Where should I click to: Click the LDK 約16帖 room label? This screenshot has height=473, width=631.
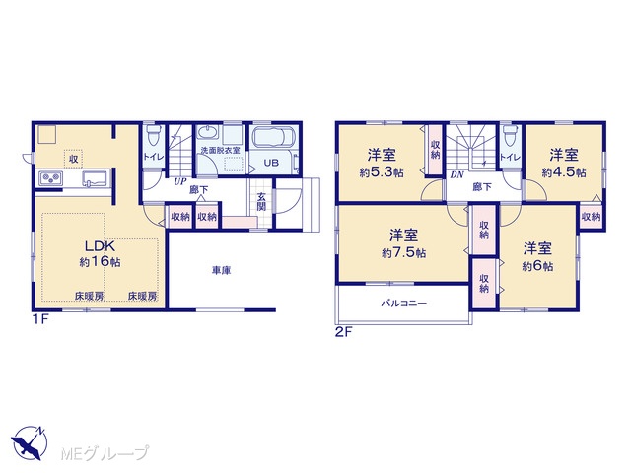click(x=100, y=253)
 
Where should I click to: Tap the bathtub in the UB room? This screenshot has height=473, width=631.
click(x=273, y=138)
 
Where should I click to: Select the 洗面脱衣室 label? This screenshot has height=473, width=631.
click(x=220, y=151)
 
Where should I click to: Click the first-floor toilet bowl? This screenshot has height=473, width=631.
click(x=153, y=136)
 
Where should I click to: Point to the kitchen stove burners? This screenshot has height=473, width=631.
click(x=50, y=178)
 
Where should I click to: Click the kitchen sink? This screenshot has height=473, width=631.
click(x=96, y=178)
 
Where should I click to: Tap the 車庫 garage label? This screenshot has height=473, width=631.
click(x=221, y=271)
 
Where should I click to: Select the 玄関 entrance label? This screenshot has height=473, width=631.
click(x=261, y=202)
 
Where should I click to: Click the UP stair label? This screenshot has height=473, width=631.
click(x=179, y=181)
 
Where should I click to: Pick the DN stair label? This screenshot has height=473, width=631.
click(x=456, y=175)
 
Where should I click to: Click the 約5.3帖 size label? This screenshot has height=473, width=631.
click(x=382, y=173)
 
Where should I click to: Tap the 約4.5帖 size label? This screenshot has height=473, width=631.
click(x=564, y=173)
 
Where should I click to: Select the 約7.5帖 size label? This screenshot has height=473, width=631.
click(x=403, y=253)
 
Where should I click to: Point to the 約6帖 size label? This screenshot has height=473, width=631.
click(x=537, y=266)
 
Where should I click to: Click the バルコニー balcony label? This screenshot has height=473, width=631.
click(x=403, y=304)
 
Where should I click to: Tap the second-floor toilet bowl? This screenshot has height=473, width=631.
click(x=511, y=136)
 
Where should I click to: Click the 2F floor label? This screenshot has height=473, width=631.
click(x=344, y=332)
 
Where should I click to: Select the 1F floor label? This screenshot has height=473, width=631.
click(x=40, y=319)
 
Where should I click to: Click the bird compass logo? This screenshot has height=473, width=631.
click(x=30, y=442)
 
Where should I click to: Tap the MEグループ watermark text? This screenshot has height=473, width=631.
click(x=105, y=453)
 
